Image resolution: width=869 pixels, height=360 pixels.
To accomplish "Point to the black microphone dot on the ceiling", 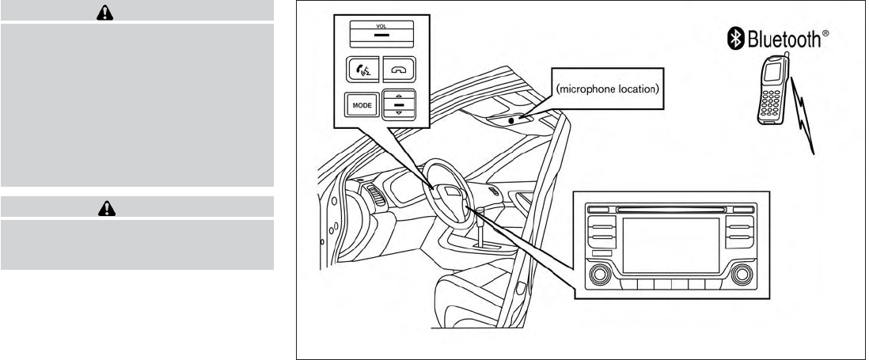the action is coord(512,120).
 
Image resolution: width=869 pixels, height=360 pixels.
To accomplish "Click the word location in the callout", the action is coord(637,89).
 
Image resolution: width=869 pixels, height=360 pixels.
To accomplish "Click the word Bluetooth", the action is coord(786,40).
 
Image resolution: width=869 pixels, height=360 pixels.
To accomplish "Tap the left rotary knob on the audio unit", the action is coord(601,275).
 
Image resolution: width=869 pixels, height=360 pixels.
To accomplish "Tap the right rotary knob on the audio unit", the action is coord(742,275).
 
